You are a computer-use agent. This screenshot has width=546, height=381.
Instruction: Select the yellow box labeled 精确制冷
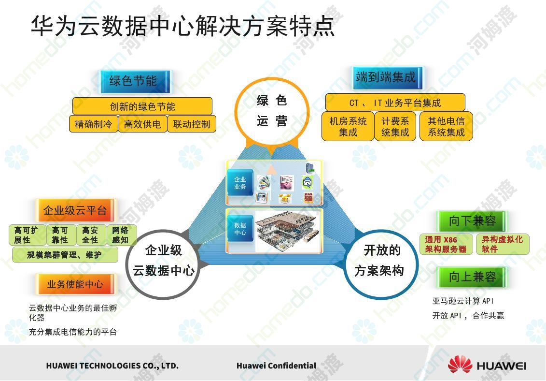coord(93,124)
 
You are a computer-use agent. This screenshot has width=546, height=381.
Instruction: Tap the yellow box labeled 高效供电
coord(142,124)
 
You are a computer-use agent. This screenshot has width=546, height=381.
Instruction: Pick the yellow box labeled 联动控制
coord(192,124)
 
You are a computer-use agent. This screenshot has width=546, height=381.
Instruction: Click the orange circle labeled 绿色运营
coord(272,111)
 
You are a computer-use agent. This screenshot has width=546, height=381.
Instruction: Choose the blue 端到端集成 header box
coord(387,77)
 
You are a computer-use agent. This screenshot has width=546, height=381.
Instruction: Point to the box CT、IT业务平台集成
coord(395,103)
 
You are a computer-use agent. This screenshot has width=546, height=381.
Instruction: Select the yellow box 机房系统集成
coord(348,126)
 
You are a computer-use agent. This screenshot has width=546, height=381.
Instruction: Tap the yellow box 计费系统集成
coord(395,126)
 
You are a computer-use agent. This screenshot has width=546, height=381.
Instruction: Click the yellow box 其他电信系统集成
coord(446,126)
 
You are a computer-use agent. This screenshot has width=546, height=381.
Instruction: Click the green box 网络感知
coord(121,235)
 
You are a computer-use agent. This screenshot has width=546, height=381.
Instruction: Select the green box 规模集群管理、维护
coord(65,255)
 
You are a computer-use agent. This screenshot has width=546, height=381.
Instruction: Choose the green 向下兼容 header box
coord(472,221)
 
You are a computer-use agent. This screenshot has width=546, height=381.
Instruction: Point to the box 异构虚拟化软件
coord(503,244)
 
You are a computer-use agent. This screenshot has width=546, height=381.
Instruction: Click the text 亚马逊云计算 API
coord(463,301)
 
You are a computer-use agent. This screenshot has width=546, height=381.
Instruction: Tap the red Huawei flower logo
coord(460,365)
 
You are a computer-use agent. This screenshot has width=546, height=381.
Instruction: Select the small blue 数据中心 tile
coord(240,229)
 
